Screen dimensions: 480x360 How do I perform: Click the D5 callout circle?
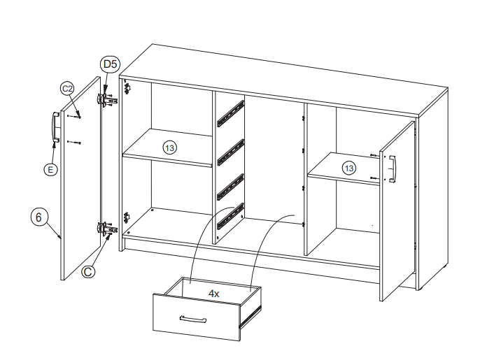(x=110, y=64)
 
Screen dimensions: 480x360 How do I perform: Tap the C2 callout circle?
(x=67, y=89)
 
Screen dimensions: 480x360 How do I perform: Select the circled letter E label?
(x=50, y=169)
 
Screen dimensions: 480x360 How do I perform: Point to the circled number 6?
(x=38, y=217)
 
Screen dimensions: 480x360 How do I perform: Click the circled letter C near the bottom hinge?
(x=88, y=272)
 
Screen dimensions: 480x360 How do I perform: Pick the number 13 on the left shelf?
(x=169, y=148)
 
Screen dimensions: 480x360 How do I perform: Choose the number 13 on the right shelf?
(x=348, y=168)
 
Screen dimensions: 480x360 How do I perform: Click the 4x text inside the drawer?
(x=213, y=294)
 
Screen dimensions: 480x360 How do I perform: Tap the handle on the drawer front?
(x=193, y=319)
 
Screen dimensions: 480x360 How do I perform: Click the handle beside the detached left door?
(x=55, y=127)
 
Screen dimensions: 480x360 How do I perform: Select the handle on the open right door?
(x=393, y=169)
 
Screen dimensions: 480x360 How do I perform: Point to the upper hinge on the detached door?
(x=106, y=99)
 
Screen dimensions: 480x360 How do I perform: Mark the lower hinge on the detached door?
(x=106, y=228)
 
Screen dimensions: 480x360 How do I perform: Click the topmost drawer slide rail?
(x=231, y=113)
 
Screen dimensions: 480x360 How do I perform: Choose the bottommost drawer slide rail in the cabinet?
(x=231, y=216)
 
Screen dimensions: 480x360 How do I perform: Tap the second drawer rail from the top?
(x=231, y=152)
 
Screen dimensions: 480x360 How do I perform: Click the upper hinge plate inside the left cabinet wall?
(x=127, y=88)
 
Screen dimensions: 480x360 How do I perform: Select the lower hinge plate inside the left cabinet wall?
(x=127, y=217)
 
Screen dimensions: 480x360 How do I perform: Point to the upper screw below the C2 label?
(x=74, y=116)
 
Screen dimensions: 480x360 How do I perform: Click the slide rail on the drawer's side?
(x=250, y=317)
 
